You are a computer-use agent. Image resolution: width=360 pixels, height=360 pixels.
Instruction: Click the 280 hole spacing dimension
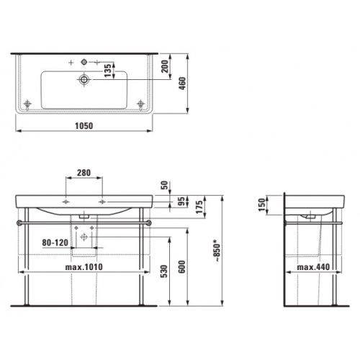[x=84, y=174]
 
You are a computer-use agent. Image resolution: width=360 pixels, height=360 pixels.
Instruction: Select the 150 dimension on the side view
[x=264, y=207]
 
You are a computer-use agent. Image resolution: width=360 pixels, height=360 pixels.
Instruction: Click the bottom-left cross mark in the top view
[x=29, y=104]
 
